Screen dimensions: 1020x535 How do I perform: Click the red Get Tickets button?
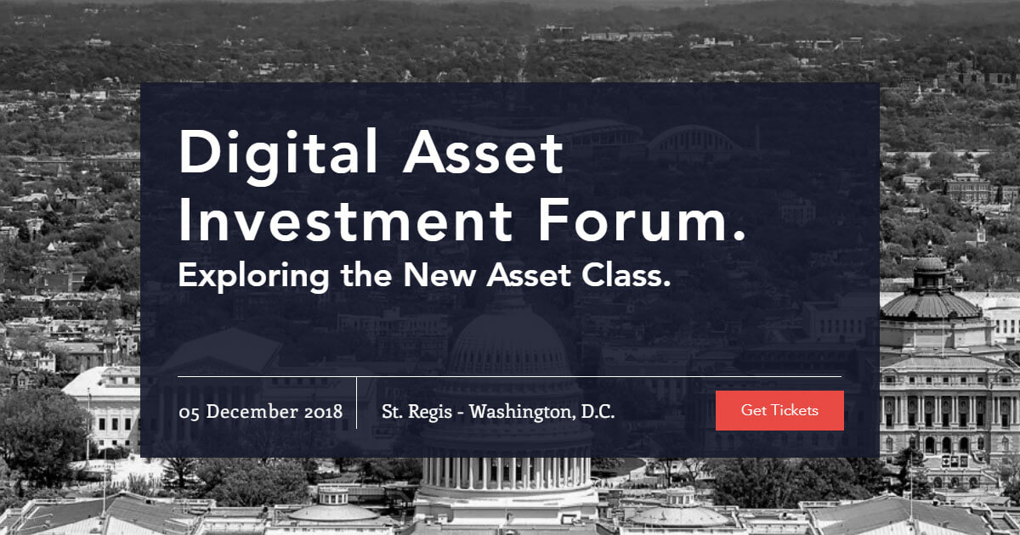pos(779,410)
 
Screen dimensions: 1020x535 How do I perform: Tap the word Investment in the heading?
pos(346,220)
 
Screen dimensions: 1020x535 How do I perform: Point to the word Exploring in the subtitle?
pos(253,277)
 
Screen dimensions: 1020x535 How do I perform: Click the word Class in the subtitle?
pos(621,275)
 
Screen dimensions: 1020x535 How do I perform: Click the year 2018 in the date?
pos(323,412)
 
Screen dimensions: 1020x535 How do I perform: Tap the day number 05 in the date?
pos(189,413)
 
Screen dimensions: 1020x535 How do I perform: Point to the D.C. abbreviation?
pos(598,412)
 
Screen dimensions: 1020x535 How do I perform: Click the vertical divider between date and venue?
pos(356,403)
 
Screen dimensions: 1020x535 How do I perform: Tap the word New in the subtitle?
pos(440,275)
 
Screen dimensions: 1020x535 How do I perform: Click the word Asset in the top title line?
pos(484,151)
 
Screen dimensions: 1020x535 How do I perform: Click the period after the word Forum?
pos(739,235)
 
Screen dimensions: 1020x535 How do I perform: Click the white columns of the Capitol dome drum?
pos(507,473)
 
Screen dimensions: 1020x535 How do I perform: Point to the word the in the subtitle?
pos(366,274)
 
